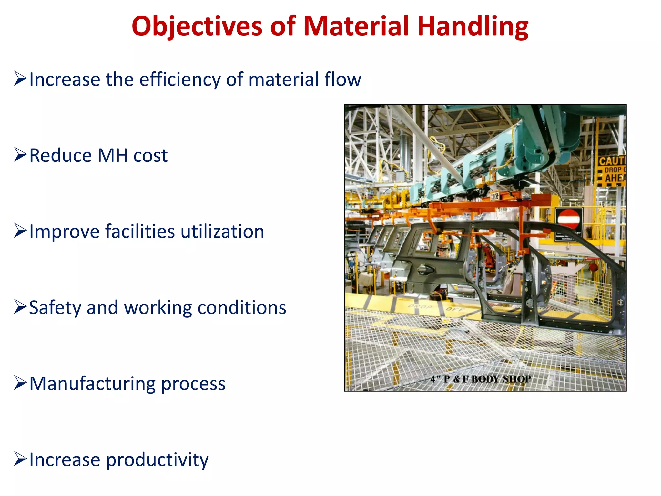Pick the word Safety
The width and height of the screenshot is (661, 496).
[55, 308]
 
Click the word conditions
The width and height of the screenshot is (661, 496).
[242, 308]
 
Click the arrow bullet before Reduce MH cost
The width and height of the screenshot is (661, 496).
[20, 155]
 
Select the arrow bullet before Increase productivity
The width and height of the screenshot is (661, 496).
[20, 459]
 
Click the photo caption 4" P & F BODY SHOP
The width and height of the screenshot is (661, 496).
[480, 379]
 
